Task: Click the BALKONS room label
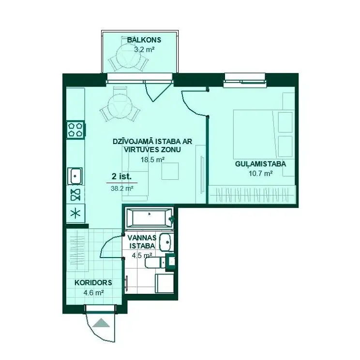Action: pos(144,40)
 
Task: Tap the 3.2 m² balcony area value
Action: pos(144,49)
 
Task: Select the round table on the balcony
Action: pos(128,56)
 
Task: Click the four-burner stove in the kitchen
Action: pos(75,130)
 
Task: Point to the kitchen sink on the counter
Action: pos(75,176)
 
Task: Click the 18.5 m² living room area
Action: pos(152,159)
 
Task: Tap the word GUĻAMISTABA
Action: pos(260,164)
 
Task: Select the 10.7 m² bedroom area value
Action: pos(260,173)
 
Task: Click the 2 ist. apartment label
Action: pos(121,176)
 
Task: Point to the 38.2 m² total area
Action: pos(122,188)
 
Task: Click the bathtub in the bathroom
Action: pos(150,217)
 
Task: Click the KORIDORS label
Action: pos(93,283)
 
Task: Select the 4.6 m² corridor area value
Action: pos(93,293)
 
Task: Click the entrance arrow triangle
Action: pos(101,323)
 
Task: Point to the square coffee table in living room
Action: pos(170,171)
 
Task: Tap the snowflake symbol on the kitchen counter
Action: pos(75,214)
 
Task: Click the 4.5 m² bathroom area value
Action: pos(142,255)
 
